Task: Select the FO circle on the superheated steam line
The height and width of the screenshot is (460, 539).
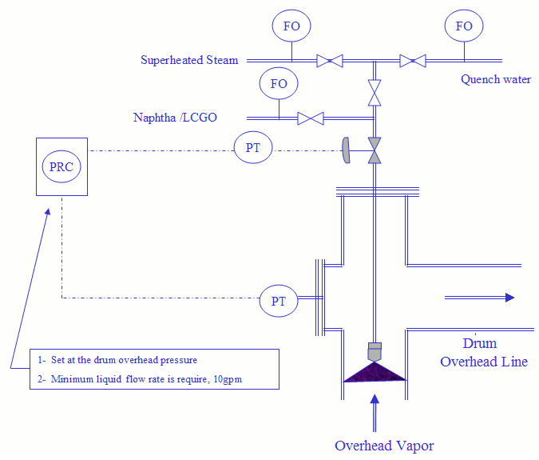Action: tap(291, 26)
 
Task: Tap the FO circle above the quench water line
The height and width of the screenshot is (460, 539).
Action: tap(464, 26)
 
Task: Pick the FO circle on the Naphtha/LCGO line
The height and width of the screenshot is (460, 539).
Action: tap(279, 84)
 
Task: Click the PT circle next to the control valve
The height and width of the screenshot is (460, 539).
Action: tap(253, 148)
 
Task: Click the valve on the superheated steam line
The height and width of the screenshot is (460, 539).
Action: tap(330, 60)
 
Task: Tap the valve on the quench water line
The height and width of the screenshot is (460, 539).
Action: tap(413, 60)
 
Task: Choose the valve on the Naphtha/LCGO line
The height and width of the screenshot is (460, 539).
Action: tap(310, 118)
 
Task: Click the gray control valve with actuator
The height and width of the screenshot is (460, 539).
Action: tap(373, 150)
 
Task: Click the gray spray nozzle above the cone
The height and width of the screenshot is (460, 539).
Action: tap(375, 350)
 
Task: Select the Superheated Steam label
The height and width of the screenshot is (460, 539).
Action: tap(189, 60)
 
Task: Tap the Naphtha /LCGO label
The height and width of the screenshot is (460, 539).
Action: tap(175, 118)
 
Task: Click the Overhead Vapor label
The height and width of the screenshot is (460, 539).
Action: tap(384, 446)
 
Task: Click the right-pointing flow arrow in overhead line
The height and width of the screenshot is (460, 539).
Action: tap(479, 298)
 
